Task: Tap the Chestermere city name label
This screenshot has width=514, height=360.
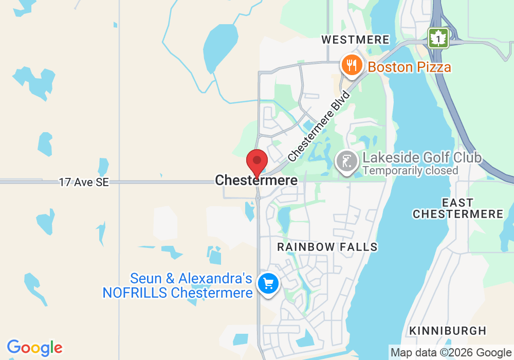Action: tap(256, 181)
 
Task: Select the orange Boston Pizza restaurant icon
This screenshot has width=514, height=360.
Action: tap(351, 66)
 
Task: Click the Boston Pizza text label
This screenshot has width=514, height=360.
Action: tap(409, 67)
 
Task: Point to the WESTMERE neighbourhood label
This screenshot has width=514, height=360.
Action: tap(355, 40)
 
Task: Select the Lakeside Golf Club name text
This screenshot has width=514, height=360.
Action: tap(421, 157)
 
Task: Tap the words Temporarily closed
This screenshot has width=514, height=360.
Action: tap(410, 170)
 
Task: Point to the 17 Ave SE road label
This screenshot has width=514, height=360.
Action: tap(84, 182)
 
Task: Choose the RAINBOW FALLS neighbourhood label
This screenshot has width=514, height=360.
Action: tap(327, 247)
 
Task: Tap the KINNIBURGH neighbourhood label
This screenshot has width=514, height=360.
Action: tap(448, 330)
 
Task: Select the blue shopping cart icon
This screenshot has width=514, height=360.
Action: tap(268, 283)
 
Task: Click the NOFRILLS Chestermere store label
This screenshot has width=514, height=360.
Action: tap(177, 293)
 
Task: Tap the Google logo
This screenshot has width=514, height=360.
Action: tap(34, 348)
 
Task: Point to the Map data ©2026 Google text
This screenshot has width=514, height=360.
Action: tap(451, 353)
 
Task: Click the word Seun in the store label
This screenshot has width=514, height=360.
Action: tap(146, 279)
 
